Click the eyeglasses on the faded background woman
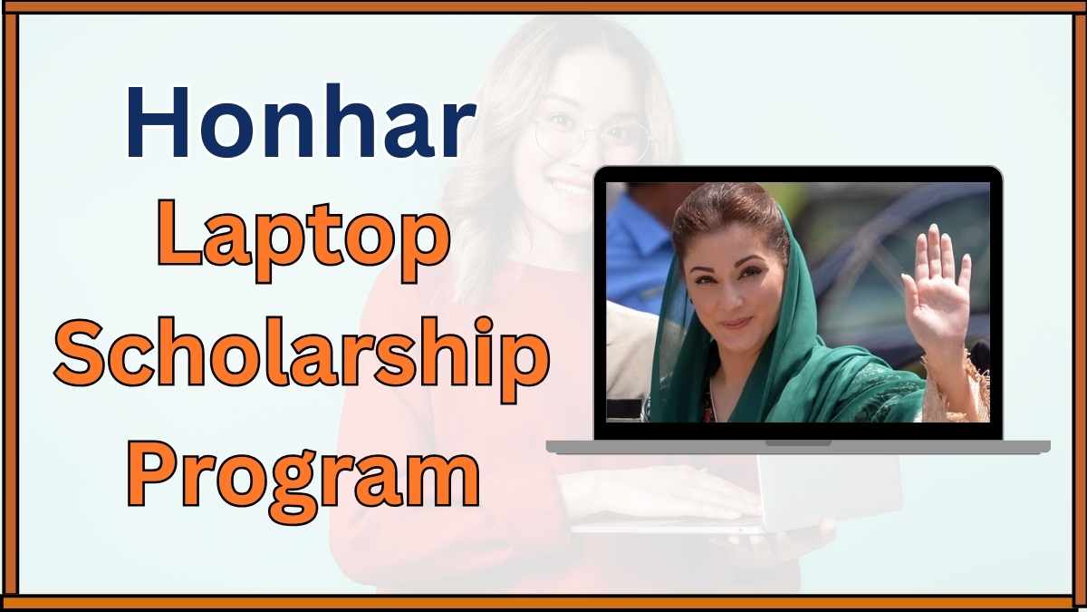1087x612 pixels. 589,136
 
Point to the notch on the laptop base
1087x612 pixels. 798,443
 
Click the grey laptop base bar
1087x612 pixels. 634,447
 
